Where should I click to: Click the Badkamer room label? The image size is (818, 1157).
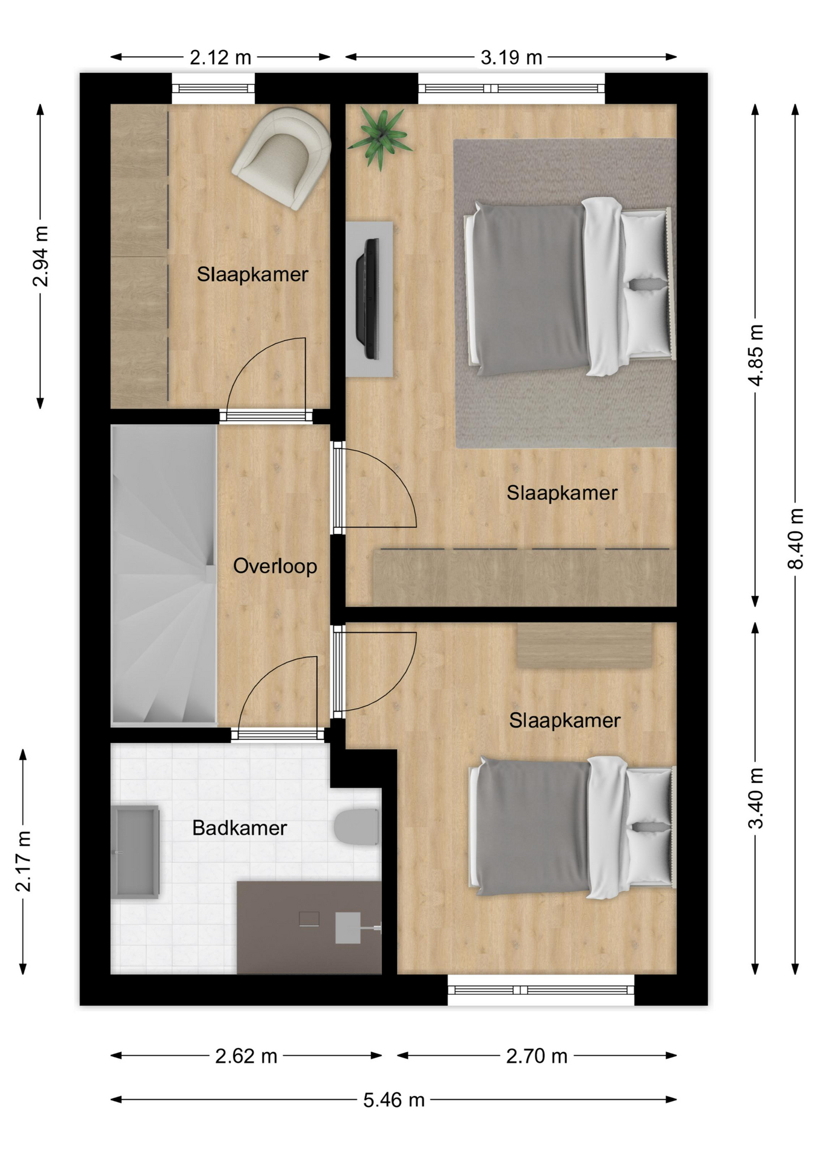coord(239,828)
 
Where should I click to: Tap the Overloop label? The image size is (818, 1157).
coord(275,566)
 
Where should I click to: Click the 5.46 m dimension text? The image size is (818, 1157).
coord(394,1100)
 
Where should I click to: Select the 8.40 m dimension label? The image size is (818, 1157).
coord(795,539)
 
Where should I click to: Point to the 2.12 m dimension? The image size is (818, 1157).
coord(220,57)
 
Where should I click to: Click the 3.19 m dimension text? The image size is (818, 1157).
coord(511,57)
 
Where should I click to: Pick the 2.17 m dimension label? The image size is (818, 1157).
coord(23,861)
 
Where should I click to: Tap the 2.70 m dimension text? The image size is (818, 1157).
coord(537,1056)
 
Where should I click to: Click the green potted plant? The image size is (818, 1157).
coord(379,138)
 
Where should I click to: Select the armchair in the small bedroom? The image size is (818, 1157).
coord(282,158)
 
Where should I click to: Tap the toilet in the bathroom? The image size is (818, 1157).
coord(357,827)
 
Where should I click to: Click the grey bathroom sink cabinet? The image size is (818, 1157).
coord(135,852)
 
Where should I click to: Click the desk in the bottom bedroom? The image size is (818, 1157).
coord(584,645)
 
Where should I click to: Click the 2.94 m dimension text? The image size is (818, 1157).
coord(40,256)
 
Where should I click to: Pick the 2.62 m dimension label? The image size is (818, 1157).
coord(246,1056)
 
